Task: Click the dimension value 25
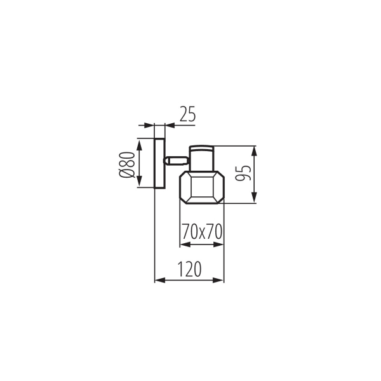187,114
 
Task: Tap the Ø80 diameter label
126,164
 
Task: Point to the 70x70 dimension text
201,232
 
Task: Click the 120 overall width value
189,269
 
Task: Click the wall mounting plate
159,163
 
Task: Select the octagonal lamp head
202,187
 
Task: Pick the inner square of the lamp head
202,188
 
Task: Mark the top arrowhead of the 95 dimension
255,150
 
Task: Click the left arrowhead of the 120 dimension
159,279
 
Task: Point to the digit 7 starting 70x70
185,232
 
